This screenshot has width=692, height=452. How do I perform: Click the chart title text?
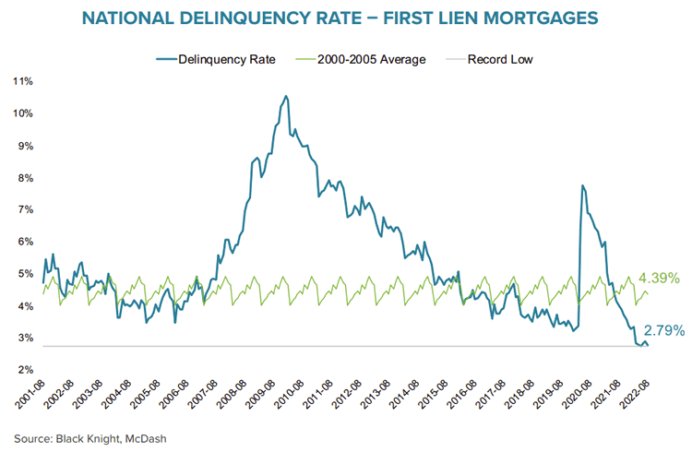tap(346, 18)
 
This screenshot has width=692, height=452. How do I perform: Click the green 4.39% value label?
tap(659, 277)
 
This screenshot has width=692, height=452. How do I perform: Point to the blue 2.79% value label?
tap(663, 330)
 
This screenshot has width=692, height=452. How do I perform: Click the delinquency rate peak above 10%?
tap(286, 96)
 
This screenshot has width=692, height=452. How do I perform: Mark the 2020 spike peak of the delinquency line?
tap(582, 185)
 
